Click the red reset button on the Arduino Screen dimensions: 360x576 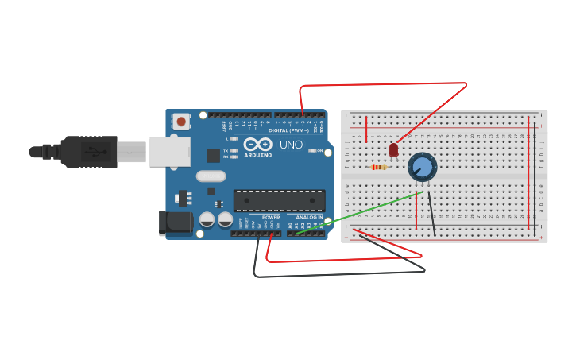181,122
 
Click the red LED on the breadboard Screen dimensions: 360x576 393,149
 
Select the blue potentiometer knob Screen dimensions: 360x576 422,167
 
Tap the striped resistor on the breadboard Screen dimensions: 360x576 379,167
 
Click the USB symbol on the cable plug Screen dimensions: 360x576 95,151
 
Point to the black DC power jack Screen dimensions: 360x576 174,223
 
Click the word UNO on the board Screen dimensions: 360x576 291,145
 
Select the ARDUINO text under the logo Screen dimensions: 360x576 258,155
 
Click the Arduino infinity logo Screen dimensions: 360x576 258,145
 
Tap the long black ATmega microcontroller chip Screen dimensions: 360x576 279,201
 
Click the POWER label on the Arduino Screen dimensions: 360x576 271,217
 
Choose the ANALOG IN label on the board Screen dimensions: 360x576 309,217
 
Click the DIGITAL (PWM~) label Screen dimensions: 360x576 289,130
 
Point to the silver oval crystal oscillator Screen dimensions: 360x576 211,176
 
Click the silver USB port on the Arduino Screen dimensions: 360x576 170,152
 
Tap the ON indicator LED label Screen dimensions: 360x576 319,150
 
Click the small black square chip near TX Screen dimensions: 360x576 213,156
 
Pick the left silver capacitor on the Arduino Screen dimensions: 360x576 207,219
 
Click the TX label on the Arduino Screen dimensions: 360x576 226,150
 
